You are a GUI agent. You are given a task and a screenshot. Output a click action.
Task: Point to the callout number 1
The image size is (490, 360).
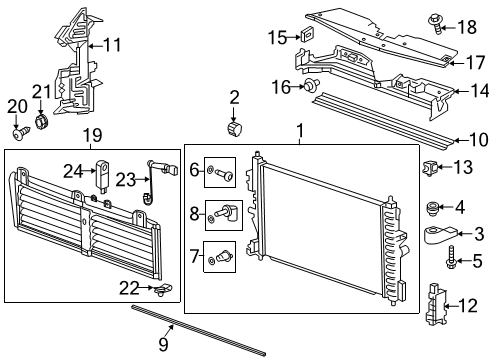point(298,130)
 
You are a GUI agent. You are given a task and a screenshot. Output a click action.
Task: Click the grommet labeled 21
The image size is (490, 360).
point(42,123)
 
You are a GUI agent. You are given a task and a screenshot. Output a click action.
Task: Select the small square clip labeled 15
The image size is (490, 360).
point(307,37)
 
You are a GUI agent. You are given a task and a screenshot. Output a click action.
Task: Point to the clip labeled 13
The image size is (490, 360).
point(432,166)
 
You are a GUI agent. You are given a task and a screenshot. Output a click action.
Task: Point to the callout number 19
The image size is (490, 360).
point(93,135)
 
